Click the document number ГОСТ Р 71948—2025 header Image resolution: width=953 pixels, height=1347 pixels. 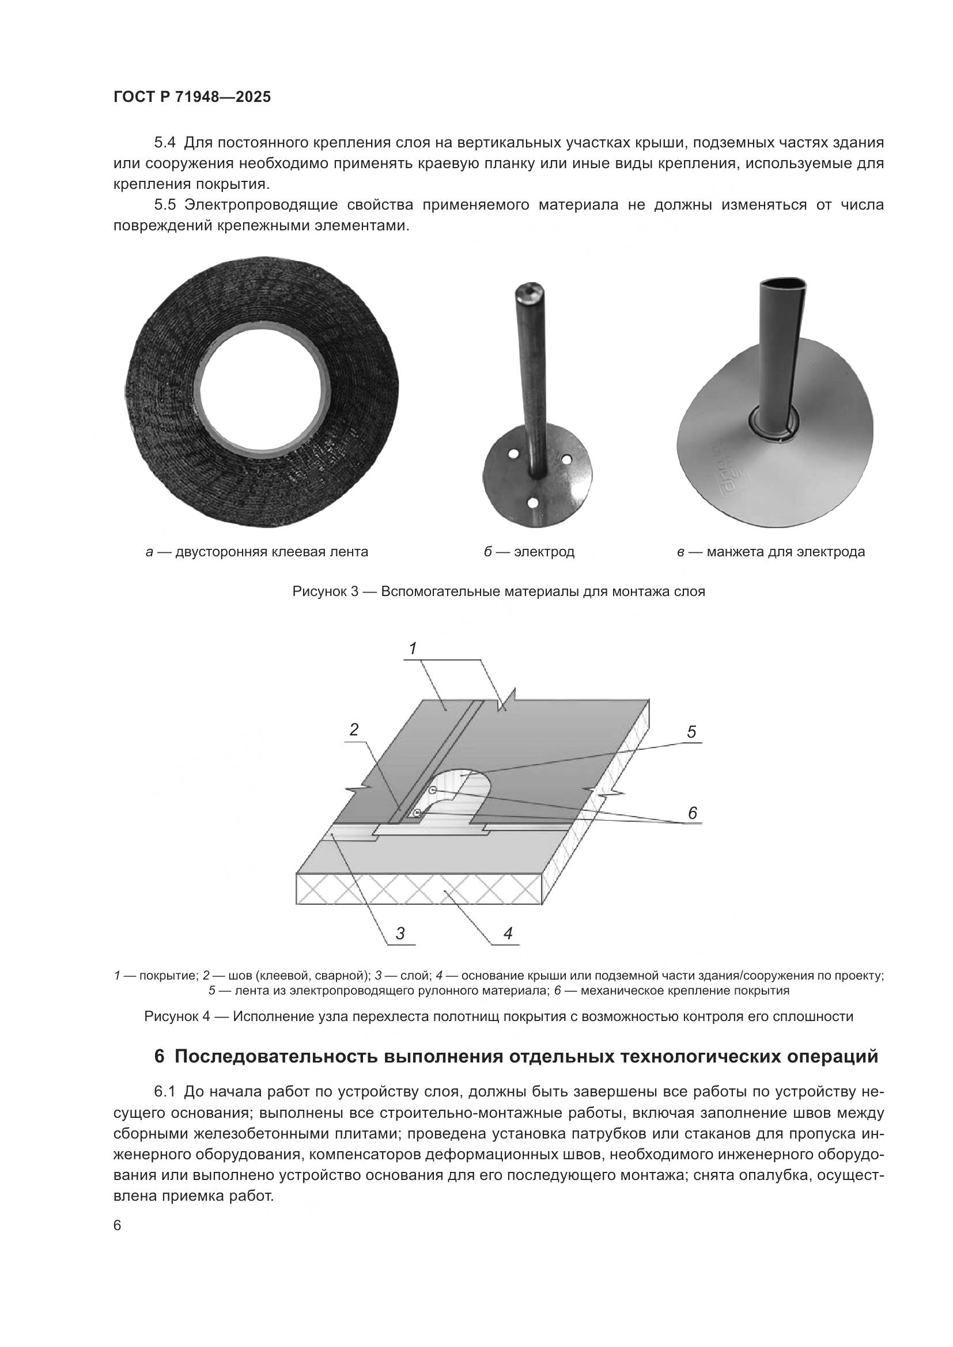point(192,97)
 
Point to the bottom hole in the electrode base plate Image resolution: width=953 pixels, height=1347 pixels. point(534,502)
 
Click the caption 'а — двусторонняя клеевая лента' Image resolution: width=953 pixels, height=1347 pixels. point(256,552)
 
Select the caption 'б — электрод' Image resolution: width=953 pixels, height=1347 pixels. point(529,552)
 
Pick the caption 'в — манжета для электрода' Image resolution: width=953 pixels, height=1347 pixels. point(770,552)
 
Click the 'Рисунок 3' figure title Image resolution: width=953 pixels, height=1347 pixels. point(498,591)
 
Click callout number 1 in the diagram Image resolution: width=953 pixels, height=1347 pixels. point(413,648)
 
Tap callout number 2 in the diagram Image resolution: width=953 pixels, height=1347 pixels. point(354,729)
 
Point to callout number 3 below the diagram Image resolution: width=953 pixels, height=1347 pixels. point(400,934)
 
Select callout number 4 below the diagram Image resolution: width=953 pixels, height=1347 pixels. point(508,933)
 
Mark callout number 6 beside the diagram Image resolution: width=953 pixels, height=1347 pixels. point(693,813)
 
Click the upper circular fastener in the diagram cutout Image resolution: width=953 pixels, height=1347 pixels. point(433,791)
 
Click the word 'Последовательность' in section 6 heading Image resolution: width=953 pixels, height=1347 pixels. point(276,1057)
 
